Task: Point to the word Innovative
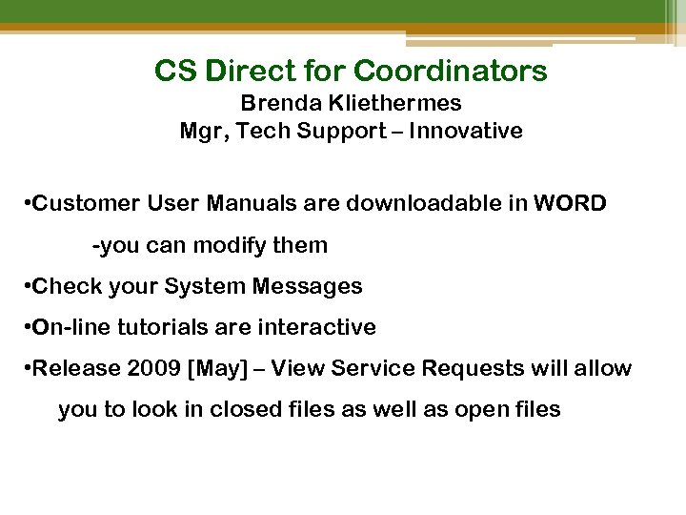(466, 131)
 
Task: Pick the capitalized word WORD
(570, 203)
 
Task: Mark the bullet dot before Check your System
(26, 286)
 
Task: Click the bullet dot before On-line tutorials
(26, 327)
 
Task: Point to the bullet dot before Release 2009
(26, 368)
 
